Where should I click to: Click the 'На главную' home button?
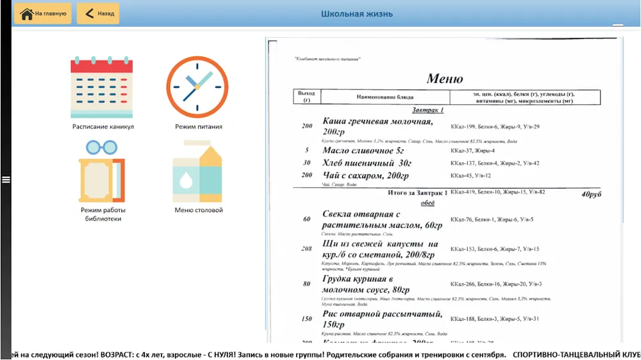[43, 13]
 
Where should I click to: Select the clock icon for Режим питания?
[197, 88]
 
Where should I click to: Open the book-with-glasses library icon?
[101, 171]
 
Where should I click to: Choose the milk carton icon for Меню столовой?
[197, 171]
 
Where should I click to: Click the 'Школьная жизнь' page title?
[357, 14]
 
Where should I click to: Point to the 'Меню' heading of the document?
[445, 79]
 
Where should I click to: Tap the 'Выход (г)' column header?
[306, 97]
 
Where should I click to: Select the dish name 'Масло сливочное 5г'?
[363, 151]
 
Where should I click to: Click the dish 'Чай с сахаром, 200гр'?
[365, 176]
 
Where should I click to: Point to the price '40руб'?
[592, 193]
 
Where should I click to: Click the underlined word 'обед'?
[428, 203]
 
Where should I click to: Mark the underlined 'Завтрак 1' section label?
[428, 110]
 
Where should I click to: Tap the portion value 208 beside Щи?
[307, 249]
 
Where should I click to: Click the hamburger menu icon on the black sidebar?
[6, 179]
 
